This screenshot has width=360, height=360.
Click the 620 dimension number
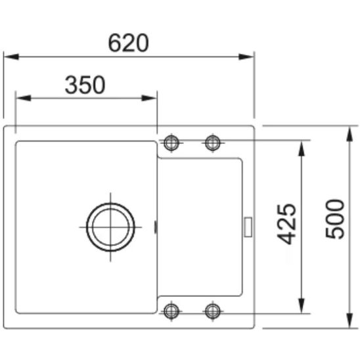(128, 43)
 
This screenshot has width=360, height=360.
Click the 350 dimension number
(85, 85)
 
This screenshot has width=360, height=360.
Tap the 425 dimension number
(286, 224)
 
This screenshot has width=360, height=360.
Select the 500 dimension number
(335, 219)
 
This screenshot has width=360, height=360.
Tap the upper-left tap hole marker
(171, 143)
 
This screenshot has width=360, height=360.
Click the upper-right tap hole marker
(213, 143)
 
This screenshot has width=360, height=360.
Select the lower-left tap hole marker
(171, 311)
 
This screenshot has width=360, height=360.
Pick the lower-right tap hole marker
(213, 311)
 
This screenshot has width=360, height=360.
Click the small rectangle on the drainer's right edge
(248, 227)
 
